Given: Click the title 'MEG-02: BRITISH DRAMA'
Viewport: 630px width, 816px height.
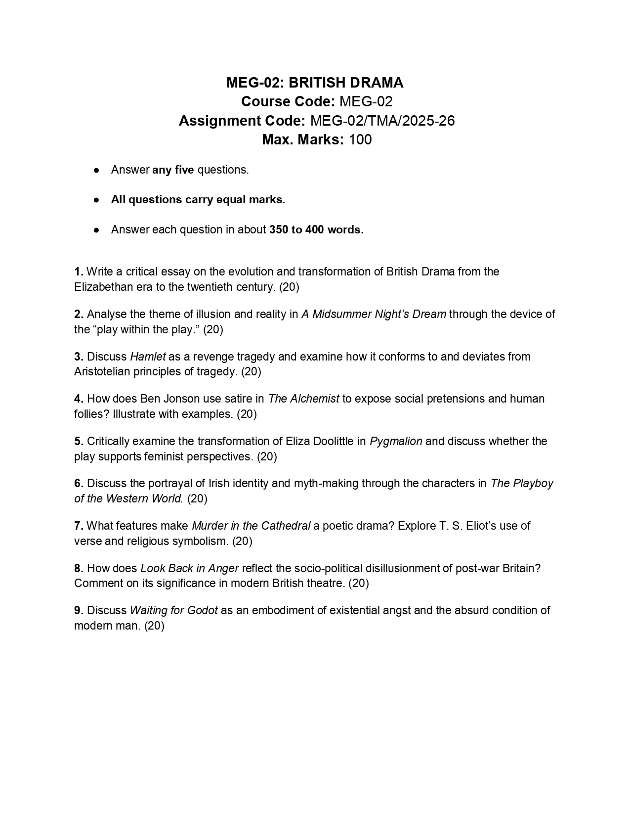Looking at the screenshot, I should (315, 83).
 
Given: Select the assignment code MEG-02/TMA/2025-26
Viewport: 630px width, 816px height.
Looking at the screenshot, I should (382, 121).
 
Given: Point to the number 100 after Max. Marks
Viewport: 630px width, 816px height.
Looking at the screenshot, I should (360, 139).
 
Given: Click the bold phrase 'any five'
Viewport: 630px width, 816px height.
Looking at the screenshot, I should (173, 170).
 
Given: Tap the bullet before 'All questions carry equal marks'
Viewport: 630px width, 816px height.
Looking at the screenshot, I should (97, 200).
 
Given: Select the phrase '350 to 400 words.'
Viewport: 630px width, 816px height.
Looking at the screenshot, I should (316, 230).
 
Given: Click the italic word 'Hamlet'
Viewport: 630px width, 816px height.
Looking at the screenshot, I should (148, 357).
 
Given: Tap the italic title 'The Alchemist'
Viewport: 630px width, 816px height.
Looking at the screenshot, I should (303, 399).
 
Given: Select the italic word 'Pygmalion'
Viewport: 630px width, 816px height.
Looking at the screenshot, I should (396, 442).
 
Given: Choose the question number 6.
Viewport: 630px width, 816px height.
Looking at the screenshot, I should (79, 484).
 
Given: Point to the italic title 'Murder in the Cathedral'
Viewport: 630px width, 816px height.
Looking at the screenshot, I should (251, 526).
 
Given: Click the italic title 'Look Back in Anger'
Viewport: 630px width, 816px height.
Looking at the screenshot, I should (190, 569).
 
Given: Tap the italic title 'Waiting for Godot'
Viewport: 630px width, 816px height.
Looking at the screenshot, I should (173, 611).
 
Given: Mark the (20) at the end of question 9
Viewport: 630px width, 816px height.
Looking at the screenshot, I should (154, 626).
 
